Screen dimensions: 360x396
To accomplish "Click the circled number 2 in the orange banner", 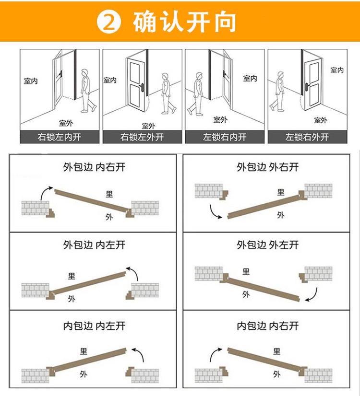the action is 109,22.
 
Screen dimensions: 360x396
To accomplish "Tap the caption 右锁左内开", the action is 60,137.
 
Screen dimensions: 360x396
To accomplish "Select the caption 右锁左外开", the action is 142,137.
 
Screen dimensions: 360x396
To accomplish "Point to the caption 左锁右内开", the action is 225,137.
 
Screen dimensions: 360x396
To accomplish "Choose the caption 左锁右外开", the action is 307,137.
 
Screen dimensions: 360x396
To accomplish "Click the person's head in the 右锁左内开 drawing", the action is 84,73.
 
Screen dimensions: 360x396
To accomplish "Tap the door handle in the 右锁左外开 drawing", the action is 143,87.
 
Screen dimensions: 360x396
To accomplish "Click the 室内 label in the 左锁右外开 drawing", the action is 337,70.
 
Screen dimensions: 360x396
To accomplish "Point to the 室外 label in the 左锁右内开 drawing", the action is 220,119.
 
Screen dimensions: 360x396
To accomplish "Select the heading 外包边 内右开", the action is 94,167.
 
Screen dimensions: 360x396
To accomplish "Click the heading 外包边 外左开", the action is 268,245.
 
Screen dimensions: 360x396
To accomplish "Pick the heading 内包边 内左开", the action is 94,326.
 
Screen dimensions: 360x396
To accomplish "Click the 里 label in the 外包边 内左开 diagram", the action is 72,276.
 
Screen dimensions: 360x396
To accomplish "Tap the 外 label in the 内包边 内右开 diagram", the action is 277,374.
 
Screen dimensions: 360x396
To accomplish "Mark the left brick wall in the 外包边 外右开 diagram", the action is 209,191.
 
